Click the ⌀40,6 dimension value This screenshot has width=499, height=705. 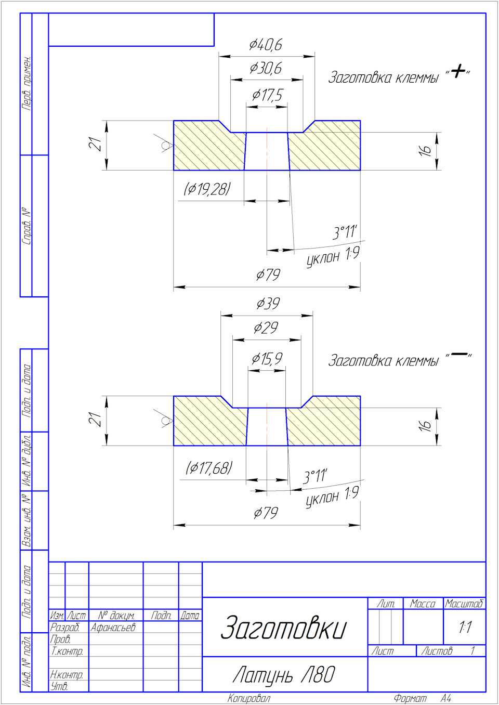tap(266, 45)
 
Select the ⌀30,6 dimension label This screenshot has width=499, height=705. tap(266, 69)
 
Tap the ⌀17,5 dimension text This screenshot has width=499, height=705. tap(267, 96)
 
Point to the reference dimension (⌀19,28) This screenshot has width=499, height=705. tap(207, 189)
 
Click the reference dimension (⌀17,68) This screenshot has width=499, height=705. tap(209, 468)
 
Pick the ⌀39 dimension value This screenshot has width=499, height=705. tap(268, 304)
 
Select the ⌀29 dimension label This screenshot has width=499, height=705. tap(266, 328)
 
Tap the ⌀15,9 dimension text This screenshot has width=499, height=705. tap(267, 359)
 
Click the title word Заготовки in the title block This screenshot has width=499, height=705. tap(283, 628)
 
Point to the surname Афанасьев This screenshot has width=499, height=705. tap(113, 628)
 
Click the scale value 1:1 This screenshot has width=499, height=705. tap(465, 628)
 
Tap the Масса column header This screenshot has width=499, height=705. tap(423, 604)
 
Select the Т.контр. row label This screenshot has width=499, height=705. tap(67, 651)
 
